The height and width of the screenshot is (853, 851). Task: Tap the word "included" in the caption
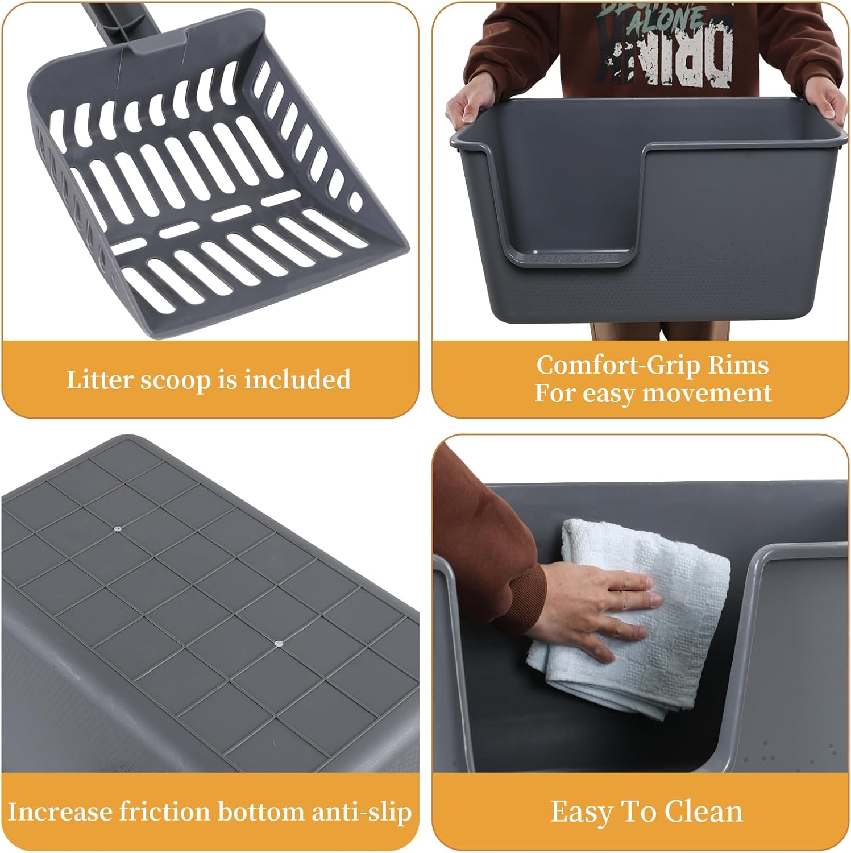(297, 379)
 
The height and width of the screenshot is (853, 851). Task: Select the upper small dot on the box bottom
(117, 528)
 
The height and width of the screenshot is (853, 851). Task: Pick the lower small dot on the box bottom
(278, 644)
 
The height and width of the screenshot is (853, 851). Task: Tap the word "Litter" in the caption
(99, 380)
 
